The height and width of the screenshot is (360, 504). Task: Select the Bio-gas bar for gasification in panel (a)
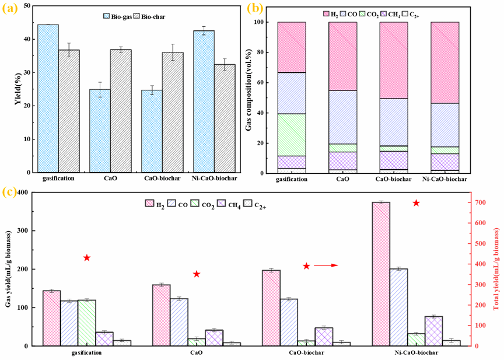point(47,99)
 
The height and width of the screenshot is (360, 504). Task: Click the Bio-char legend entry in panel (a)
point(150,17)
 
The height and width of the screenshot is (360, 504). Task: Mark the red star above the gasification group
point(86,258)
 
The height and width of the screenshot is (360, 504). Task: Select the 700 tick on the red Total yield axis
point(466,202)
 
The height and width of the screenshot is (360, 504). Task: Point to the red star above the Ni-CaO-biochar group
point(416,203)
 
